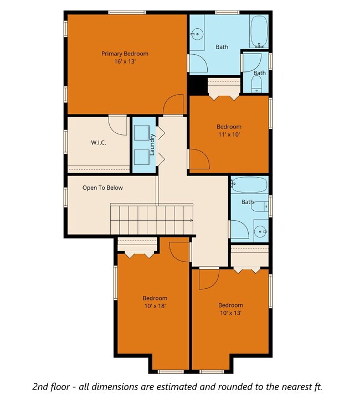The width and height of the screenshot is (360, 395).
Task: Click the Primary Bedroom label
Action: tap(125, 54)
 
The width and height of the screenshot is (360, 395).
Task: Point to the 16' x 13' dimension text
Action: tap(125, 62)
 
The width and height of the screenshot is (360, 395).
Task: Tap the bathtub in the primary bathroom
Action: tap(259, 32)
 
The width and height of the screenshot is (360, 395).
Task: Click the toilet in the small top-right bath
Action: tap(256, 84)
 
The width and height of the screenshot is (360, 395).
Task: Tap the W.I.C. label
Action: tap(99, 143)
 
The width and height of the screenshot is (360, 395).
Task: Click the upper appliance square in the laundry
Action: tap(141, 133)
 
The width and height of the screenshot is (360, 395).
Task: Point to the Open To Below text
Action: tap(102, 188)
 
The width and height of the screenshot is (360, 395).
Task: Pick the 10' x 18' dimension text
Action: tap(155, 305)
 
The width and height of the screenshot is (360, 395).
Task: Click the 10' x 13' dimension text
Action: tap(230, 313)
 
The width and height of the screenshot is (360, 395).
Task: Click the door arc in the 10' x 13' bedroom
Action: tap(208, 279)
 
